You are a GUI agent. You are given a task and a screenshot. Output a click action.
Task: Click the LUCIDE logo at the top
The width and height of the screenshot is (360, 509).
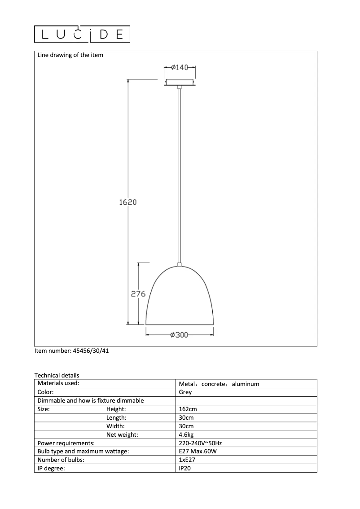(x=83, y=34)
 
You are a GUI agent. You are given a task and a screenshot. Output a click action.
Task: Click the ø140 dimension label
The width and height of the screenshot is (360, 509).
(x=180, y=67)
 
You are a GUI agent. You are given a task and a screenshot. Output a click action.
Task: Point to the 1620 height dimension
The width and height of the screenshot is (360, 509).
(x=128, y=202)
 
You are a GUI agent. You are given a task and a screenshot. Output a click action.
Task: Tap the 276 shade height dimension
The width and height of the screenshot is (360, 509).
(x=138, y=294)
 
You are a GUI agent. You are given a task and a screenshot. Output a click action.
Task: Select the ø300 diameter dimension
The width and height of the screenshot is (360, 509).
(x=180, y=335)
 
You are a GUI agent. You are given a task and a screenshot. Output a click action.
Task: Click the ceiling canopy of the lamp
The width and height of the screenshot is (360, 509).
(x=180, y=83)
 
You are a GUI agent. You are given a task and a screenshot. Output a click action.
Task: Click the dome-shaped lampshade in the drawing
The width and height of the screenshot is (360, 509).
(x=180, y=298)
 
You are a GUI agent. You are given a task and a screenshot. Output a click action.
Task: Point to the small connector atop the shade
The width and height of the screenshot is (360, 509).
(x=180, y=265)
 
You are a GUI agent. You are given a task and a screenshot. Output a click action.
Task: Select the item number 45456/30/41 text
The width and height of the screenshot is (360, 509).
(x=72, y=351)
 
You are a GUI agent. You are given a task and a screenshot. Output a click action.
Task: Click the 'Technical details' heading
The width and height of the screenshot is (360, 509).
(x=57, y=375)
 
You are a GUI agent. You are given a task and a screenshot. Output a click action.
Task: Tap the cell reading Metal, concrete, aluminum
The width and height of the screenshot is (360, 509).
(x=219, y=384)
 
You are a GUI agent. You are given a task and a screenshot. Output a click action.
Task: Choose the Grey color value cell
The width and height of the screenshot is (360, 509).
(x=185, y=392)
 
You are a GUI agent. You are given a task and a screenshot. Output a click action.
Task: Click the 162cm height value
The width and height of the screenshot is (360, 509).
(x=188, y=409)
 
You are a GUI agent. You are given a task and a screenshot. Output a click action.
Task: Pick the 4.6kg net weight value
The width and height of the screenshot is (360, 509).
(x=186, y=434)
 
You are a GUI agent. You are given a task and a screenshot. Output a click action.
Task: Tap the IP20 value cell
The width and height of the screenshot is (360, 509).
(x=185, y=468)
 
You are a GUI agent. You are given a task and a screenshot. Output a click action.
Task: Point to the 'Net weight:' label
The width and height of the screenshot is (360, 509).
(x=122, y=434)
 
